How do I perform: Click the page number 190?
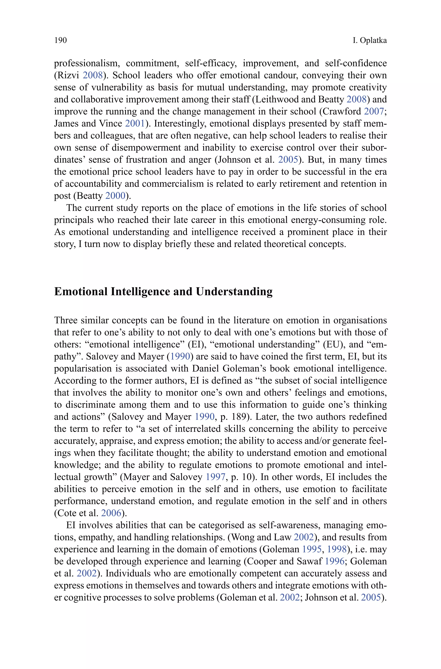(61, 41)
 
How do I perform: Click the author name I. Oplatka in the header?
(370, 41)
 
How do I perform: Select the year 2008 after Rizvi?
(92, 75)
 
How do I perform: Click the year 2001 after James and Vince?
(135, 123)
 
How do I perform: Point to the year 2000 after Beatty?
(115, 196)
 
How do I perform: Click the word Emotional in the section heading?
(81, 292)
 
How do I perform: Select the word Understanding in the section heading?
(234, 292)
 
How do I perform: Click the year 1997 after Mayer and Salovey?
(215, 477)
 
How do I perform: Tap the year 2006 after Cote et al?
(111, 513)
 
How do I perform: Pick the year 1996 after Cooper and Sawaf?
(334, 561)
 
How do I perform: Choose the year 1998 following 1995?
(337, 549)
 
